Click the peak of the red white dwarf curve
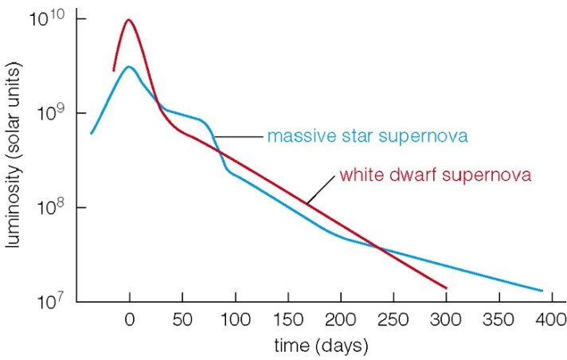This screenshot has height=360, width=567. [x=128, y=20]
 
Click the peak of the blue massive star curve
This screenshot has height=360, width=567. [x=128, y=67]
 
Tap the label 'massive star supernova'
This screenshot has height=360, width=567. [x=367, y=136]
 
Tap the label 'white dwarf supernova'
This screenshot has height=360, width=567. [x=435, y=174]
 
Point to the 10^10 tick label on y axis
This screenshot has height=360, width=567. [x=45, y=18]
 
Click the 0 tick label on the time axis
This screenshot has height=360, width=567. [x=129, y=321]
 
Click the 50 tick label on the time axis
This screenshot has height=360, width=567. [x=182, y=321]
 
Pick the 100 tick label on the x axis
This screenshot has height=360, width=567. [x=235, y=321]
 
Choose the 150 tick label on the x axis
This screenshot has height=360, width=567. [x=287, y=321]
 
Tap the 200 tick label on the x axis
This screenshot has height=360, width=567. [x=340, y=321]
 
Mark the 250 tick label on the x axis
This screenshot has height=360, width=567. [x=393, y=321]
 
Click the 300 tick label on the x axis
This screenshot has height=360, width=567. [x=446, y=321]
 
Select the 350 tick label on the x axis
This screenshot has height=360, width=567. [x=499, y=321]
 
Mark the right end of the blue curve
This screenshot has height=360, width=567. [x=542, y=291]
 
